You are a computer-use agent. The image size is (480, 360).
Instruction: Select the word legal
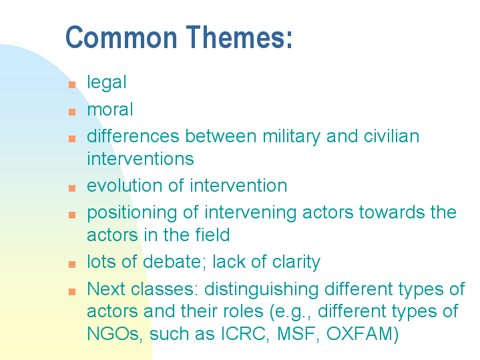click(106, 82)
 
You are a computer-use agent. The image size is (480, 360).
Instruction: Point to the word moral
click(110, 109)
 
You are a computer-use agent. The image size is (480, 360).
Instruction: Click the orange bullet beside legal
click(72, 84)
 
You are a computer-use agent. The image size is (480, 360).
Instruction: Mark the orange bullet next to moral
click(72, 112)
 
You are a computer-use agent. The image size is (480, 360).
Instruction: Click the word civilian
click(391, 136)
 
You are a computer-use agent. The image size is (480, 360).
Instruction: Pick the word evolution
click(127, 185)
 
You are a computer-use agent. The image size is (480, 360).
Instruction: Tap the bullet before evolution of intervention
click(72, 188)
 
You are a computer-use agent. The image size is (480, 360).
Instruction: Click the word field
click(210, 234)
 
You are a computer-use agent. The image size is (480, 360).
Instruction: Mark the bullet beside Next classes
click(72, 292)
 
